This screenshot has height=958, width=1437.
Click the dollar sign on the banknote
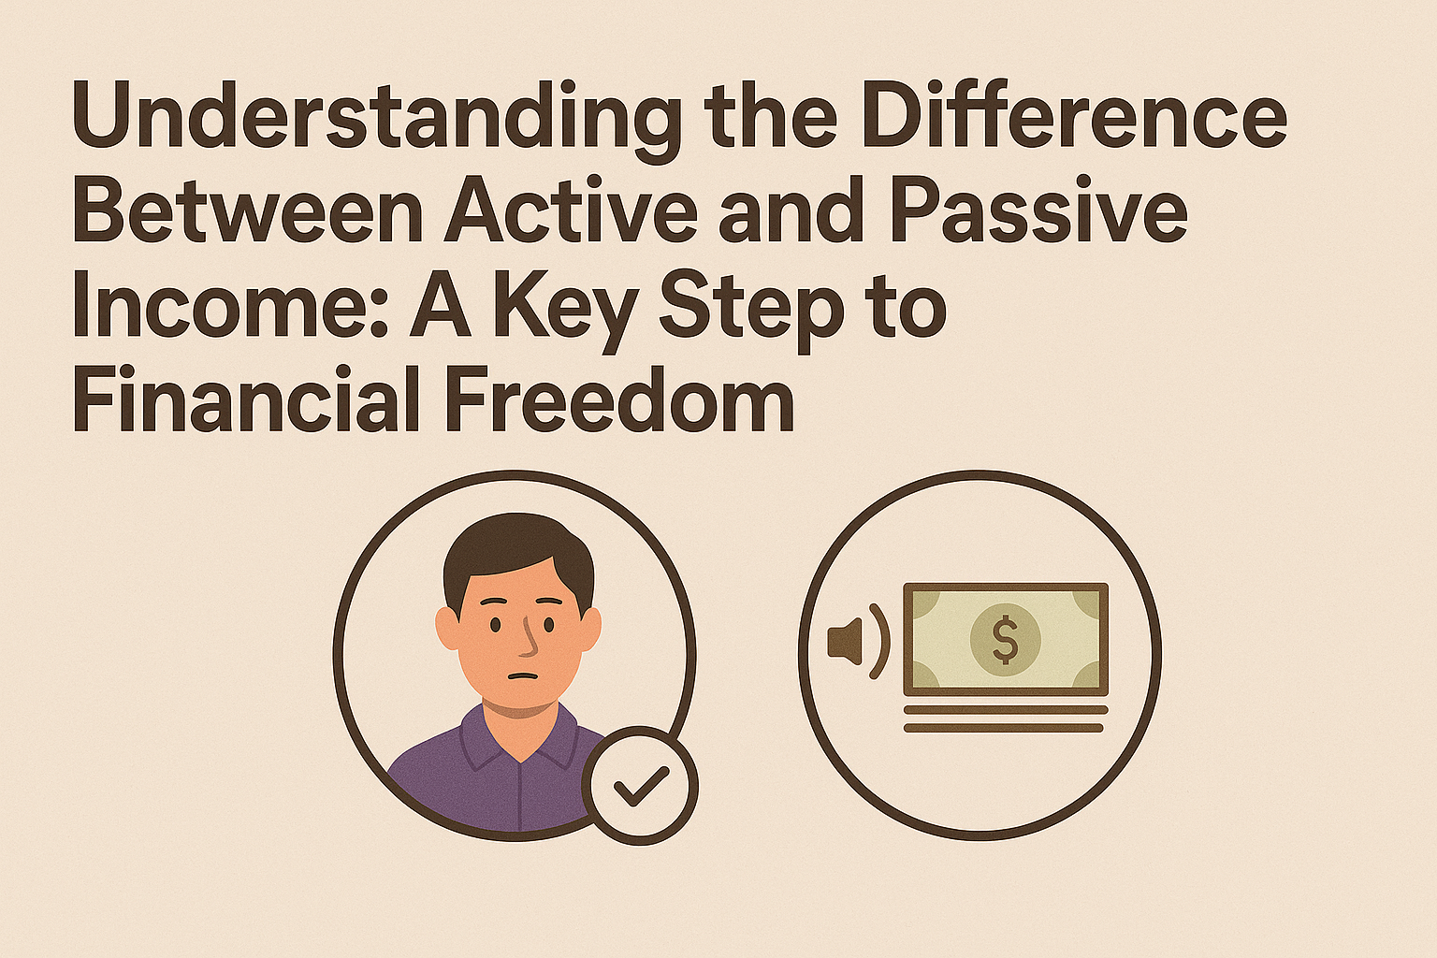coord(1005,640)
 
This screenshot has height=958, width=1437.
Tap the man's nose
coord(529,637)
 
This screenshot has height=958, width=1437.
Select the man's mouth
coord(522,676)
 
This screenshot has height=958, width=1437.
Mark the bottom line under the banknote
coord(1003,728)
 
